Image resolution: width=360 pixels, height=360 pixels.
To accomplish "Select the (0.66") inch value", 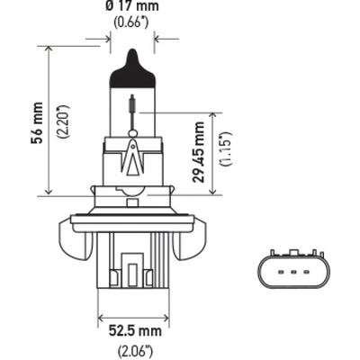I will [x=131, y=24].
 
